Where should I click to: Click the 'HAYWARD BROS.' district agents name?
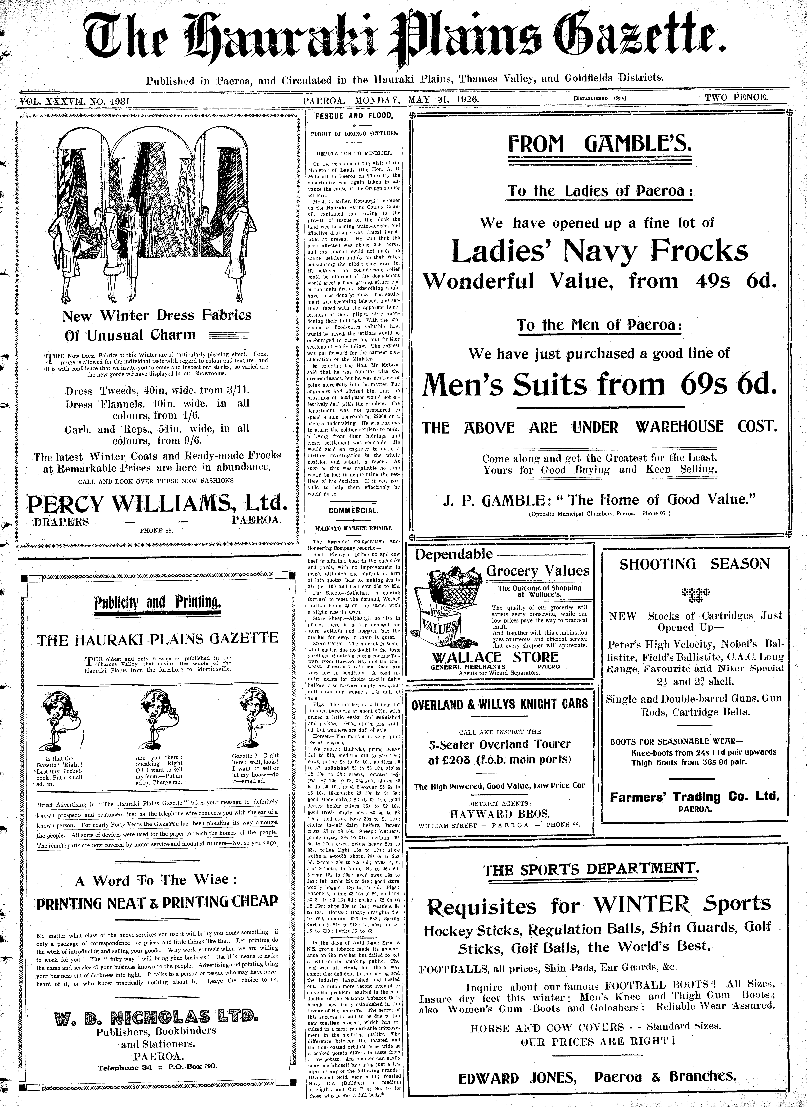tap(499, 814)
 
